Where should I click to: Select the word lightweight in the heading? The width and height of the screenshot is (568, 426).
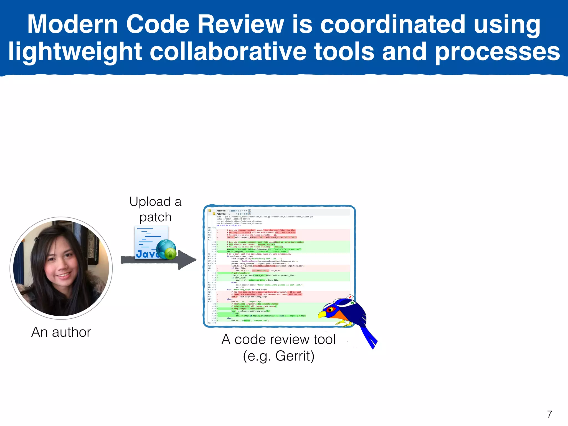75,52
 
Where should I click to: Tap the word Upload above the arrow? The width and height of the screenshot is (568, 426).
150,202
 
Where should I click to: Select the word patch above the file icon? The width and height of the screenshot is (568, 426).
155,217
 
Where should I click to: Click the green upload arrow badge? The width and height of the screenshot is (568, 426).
170,253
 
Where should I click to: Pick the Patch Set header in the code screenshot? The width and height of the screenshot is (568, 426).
221,211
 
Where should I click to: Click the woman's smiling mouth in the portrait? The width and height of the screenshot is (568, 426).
64,275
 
